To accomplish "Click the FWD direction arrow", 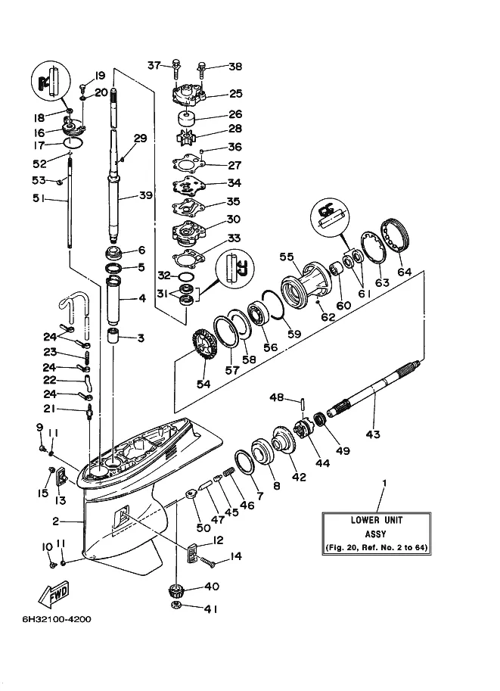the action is pyautogui.click(x=54, y=593).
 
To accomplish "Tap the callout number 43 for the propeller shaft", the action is pyautogui.click(x=373, y=434).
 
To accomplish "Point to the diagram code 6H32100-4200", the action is pyautogui.click(x=57, y=619).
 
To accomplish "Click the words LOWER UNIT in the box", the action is pyautogui.click(x=376, y=520).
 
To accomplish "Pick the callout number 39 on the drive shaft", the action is pyautogui.click(x=146, y=195).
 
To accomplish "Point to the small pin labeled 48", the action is pyautogui.click(x=302, y=404).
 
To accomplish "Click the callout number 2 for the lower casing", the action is pyautogui.click(x=55, y=521).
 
